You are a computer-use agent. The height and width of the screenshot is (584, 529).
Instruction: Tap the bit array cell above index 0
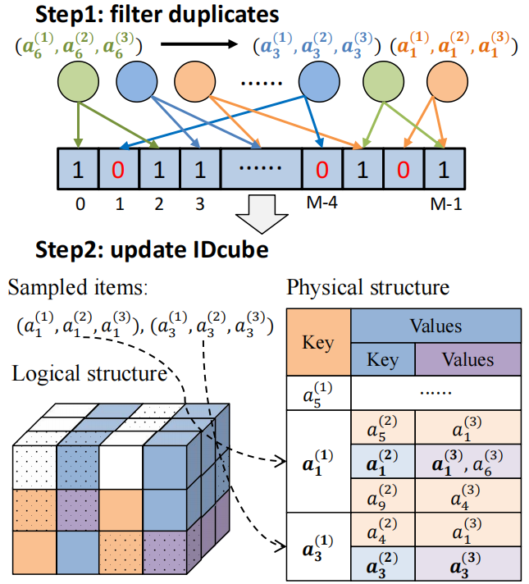point(79,170)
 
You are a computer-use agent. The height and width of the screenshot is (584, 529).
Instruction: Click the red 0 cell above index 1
point(118,170)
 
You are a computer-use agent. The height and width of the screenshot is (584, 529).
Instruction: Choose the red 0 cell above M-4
point(322,170)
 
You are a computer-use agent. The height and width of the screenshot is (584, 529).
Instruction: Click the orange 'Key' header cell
point(319,340)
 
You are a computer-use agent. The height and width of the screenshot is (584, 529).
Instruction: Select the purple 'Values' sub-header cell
point(468,359)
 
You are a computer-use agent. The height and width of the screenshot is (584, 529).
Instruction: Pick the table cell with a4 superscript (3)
point(468,495)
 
